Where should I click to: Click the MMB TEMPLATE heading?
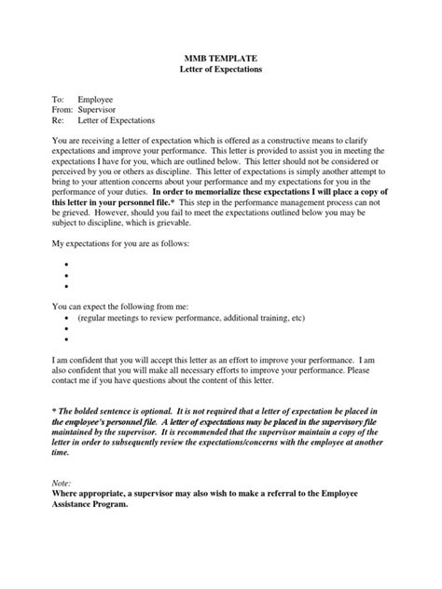click(220, 58)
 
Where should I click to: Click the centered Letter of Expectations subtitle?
click(220, 70)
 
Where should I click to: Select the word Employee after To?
click(96, 98)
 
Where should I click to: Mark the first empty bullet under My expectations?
click(68, 264)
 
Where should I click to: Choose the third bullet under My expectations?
click(68, 288)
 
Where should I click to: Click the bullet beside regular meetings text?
click(68, 318)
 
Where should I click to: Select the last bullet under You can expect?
click(68, 341)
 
